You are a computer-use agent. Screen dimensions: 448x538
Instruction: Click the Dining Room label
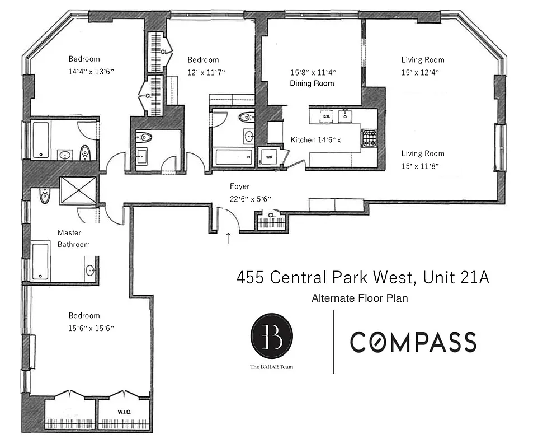(x=312, y=83)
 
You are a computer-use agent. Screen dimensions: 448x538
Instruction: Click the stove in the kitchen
(x=369, y=138)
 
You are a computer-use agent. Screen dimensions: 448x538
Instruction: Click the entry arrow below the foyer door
(x=228, y=239)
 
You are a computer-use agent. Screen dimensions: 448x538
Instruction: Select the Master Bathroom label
(x=73, y=239)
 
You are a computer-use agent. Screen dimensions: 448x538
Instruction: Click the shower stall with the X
(x=78, y=190)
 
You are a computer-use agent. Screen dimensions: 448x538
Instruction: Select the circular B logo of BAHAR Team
(x=271, y=335)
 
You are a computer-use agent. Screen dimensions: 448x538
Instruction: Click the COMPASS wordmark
(x=413, y=342)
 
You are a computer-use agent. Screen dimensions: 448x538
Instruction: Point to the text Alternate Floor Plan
(x=360, y=298)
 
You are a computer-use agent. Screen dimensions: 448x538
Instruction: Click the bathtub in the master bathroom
(x=40, y=260)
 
